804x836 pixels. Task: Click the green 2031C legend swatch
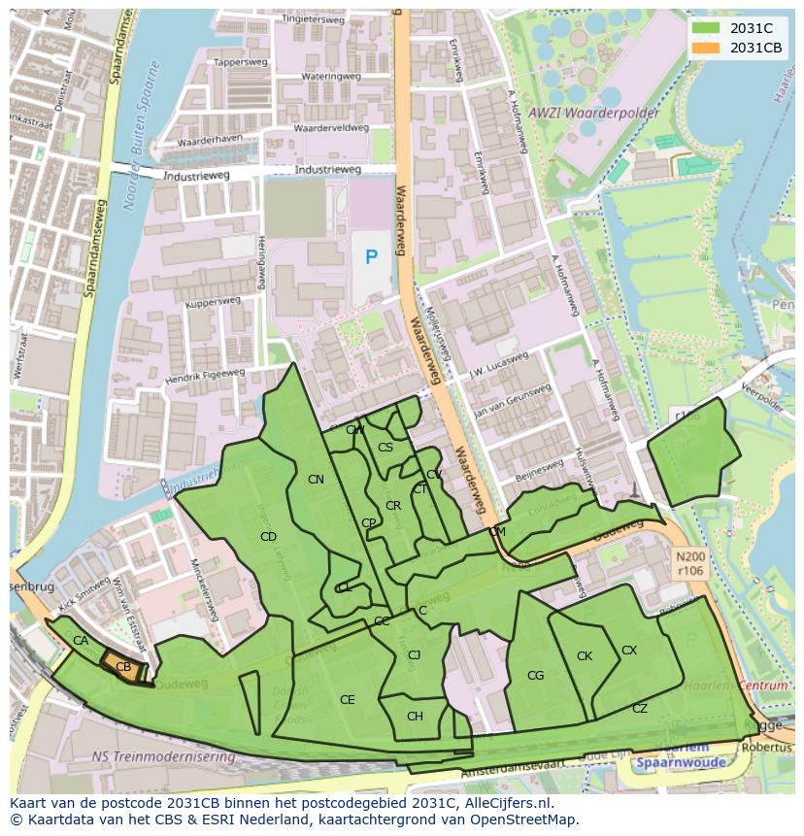tap(707, 29)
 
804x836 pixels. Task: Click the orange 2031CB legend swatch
tap(707, 48)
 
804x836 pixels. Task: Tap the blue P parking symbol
tap(371, 257)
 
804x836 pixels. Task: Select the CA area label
tap(81, 641)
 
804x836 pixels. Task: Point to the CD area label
tap(269, 536)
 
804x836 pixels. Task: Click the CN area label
tap(316, 480)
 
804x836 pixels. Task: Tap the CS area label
tap(385, 448)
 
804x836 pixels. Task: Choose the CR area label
tap(393, 506)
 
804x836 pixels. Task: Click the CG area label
tap(535, 676)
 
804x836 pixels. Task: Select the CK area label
tap(585, 656)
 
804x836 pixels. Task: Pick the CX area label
tap(629, 651)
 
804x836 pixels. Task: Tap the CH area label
tap(415, 717)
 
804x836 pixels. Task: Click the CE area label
tap(347, 700)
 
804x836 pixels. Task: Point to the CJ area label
tap(414, 655)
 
